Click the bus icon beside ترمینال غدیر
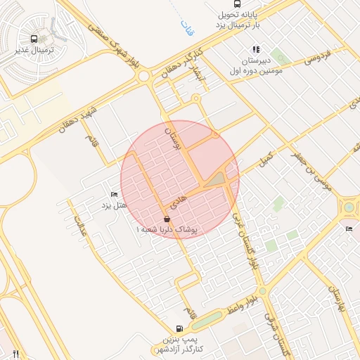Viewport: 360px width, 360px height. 34,40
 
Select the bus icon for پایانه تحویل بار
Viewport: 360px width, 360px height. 238,4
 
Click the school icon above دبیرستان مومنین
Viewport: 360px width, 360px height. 256,50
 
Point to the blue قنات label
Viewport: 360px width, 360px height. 186,29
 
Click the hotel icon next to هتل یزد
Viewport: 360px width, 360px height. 115,194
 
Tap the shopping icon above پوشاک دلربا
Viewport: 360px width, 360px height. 167,219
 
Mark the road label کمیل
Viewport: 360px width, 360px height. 264,158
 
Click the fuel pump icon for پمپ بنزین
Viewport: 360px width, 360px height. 179,328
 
